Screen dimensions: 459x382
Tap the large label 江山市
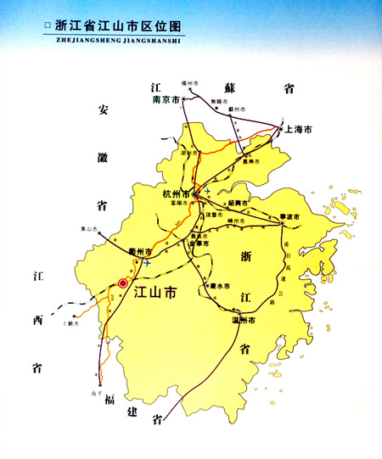pos(155,293)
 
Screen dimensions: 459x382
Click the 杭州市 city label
pos(177,194)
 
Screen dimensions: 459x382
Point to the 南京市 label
pos(166,100)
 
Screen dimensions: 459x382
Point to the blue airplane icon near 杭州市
pos(206,191)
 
